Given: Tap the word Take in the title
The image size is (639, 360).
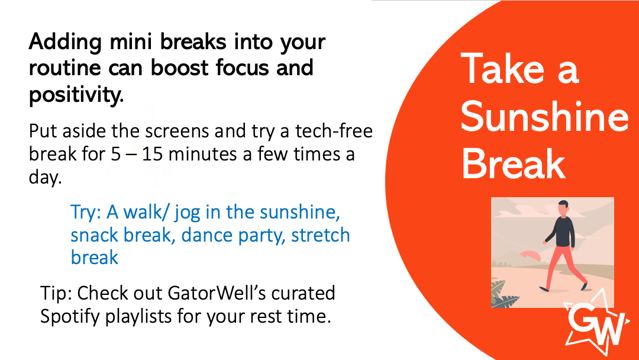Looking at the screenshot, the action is point(503,68).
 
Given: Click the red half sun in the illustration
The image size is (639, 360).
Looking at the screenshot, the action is point(530,256).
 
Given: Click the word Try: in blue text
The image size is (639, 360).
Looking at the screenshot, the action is point(86,213).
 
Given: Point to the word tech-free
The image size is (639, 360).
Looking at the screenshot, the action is point(334,131).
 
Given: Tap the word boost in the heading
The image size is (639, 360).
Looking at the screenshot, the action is point(180,67).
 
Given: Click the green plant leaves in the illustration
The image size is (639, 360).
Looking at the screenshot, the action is point(505,295).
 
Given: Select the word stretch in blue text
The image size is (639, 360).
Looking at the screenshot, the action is point(320,235).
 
